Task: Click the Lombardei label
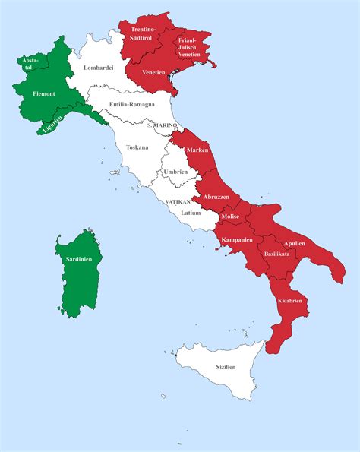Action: click(99, 68)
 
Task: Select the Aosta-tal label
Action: click(30, 63)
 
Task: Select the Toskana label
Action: click(137, 147)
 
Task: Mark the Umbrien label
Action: click(175, 172)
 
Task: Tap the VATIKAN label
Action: click(177, 201)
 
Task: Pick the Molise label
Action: click(230, 217)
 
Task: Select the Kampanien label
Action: click(237, 241)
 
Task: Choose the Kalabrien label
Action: click(291, 301)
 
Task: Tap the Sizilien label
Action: click(226, 367)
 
